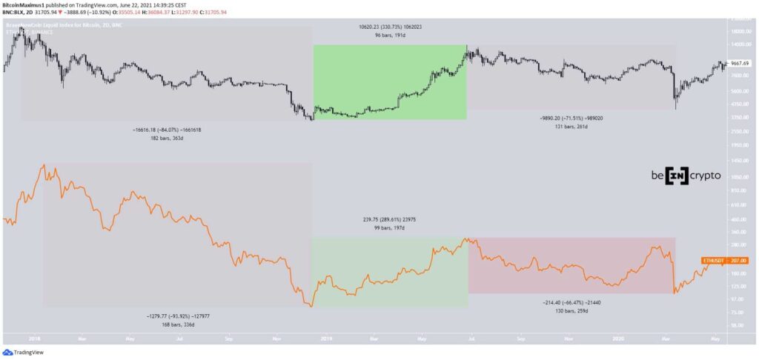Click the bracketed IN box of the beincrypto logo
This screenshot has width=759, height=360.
coord(676,176)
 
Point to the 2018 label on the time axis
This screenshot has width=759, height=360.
coord(33,338)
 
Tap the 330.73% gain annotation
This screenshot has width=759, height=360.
coord(389,26)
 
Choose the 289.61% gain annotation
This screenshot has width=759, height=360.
coord(388,220)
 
